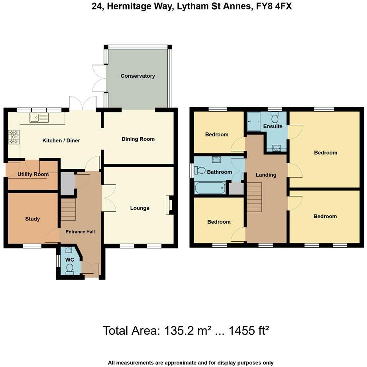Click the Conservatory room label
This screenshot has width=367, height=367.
137,76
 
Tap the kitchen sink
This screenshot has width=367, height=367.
39,117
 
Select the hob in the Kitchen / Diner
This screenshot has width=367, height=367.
14,136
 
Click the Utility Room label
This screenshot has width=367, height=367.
33,174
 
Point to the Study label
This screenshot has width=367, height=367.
33,219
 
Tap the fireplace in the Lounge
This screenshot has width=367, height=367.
169,205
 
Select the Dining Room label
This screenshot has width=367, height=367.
138,139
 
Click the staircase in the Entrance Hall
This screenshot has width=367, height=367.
68,210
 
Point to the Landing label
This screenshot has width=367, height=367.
266,175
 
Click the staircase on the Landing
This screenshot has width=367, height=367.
254,197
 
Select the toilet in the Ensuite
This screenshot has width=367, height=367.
275,117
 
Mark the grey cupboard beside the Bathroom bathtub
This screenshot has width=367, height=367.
236,188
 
